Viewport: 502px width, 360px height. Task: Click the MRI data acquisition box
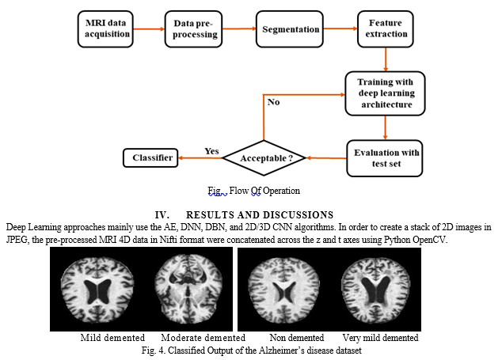click(x=105, y=29)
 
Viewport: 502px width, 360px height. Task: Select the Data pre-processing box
click(x=193, y=29)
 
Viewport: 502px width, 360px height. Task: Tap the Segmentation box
click(x=290, y=29)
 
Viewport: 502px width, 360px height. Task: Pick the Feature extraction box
click(x=386, y=29)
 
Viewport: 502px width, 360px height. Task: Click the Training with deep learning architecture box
click(x=385, y=93)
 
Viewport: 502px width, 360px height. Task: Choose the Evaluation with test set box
click(x=385, y=158)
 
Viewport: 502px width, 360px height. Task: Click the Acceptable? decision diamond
click(x=264, y=158)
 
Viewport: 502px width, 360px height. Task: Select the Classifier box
click(x=150, y=157)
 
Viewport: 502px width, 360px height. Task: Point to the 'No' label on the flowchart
click(x=273, y=102)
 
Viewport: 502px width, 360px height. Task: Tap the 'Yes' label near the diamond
click(x=211, y=151)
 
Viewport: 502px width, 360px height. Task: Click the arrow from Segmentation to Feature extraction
click(x=340, y=28)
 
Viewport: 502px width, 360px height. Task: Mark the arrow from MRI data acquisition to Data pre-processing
click(x=149, y=29)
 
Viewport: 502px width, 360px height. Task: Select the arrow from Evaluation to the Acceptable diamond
click(x=326, y=158)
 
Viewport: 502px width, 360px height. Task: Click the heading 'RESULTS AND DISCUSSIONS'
click(x=260, y=214)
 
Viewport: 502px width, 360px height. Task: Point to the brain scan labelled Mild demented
click(x=97, y=290)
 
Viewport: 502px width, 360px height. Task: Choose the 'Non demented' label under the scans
click(x=297, y=338)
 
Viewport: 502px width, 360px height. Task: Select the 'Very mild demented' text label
click(x=380, y=338)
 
